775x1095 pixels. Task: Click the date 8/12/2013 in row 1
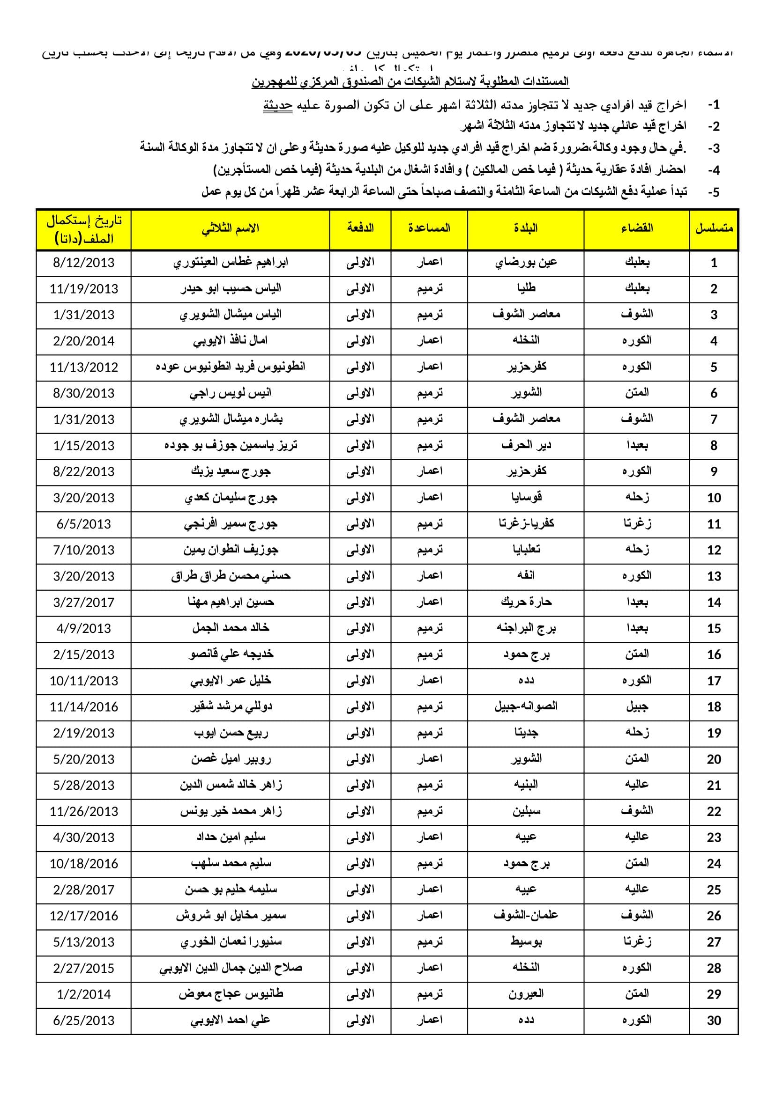[83, 263]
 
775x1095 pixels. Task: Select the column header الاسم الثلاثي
[230, 228]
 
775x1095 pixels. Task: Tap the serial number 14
[714, 603]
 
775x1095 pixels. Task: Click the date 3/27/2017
[83, 603]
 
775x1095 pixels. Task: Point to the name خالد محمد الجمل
[231, 628]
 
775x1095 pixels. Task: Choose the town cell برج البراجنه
[526, 628]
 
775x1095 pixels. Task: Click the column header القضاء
[637, 228]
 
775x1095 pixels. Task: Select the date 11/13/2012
[83, 367]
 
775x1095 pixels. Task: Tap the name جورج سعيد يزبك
[231, 472]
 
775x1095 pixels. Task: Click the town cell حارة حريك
[526, 603]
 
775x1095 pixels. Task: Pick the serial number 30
[714, 1021]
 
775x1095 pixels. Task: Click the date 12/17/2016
[83, 916]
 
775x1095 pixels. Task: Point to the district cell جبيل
[637, 707]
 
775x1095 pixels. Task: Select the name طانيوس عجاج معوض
[231, 994]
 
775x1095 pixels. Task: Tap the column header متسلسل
[714, 228]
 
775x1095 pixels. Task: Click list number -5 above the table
[713, 192]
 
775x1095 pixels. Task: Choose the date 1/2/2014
[83, 994]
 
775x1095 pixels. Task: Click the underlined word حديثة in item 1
[277, 105]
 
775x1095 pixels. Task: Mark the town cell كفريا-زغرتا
[526, 524]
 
